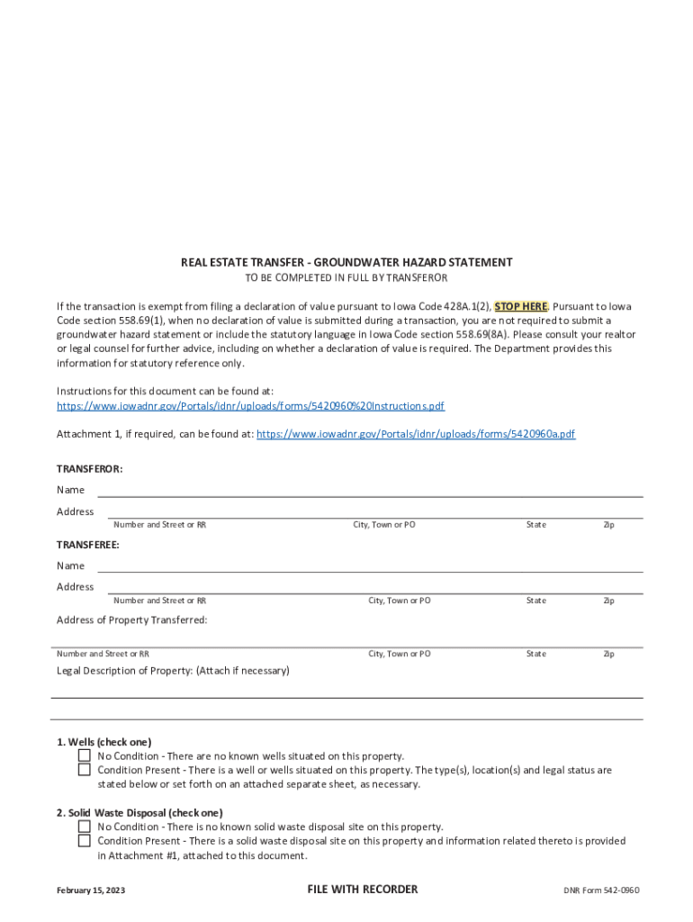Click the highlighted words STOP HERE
(x=521, y=306)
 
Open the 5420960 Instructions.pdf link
(x=250, y=406)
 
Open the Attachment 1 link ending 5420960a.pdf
(x=416, y=434)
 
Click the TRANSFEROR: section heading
(x=90, y=469)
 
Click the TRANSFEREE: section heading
(x=88, y=545)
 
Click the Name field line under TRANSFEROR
(x=369, y=492)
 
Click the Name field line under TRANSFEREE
(x=369, y=567)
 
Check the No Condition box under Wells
(x=84, y=756)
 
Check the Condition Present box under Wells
(x=84, y=770)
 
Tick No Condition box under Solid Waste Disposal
(x=84, y=827)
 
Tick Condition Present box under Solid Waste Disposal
(x=84, y=841)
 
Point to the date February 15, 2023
(x=91, y=890)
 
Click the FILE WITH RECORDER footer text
(x=363, y=890)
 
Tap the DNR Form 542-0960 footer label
(x=601, y=890)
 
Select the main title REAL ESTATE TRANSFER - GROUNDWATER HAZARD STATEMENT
(x=346, y=262)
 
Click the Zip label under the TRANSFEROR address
(x=608, y=525)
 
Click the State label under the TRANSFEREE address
(x=535, y=601)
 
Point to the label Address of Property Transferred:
(x=132, y=620)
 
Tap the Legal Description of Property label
(x=173, y=671)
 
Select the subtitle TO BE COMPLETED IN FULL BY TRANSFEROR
(x=346, y=277)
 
